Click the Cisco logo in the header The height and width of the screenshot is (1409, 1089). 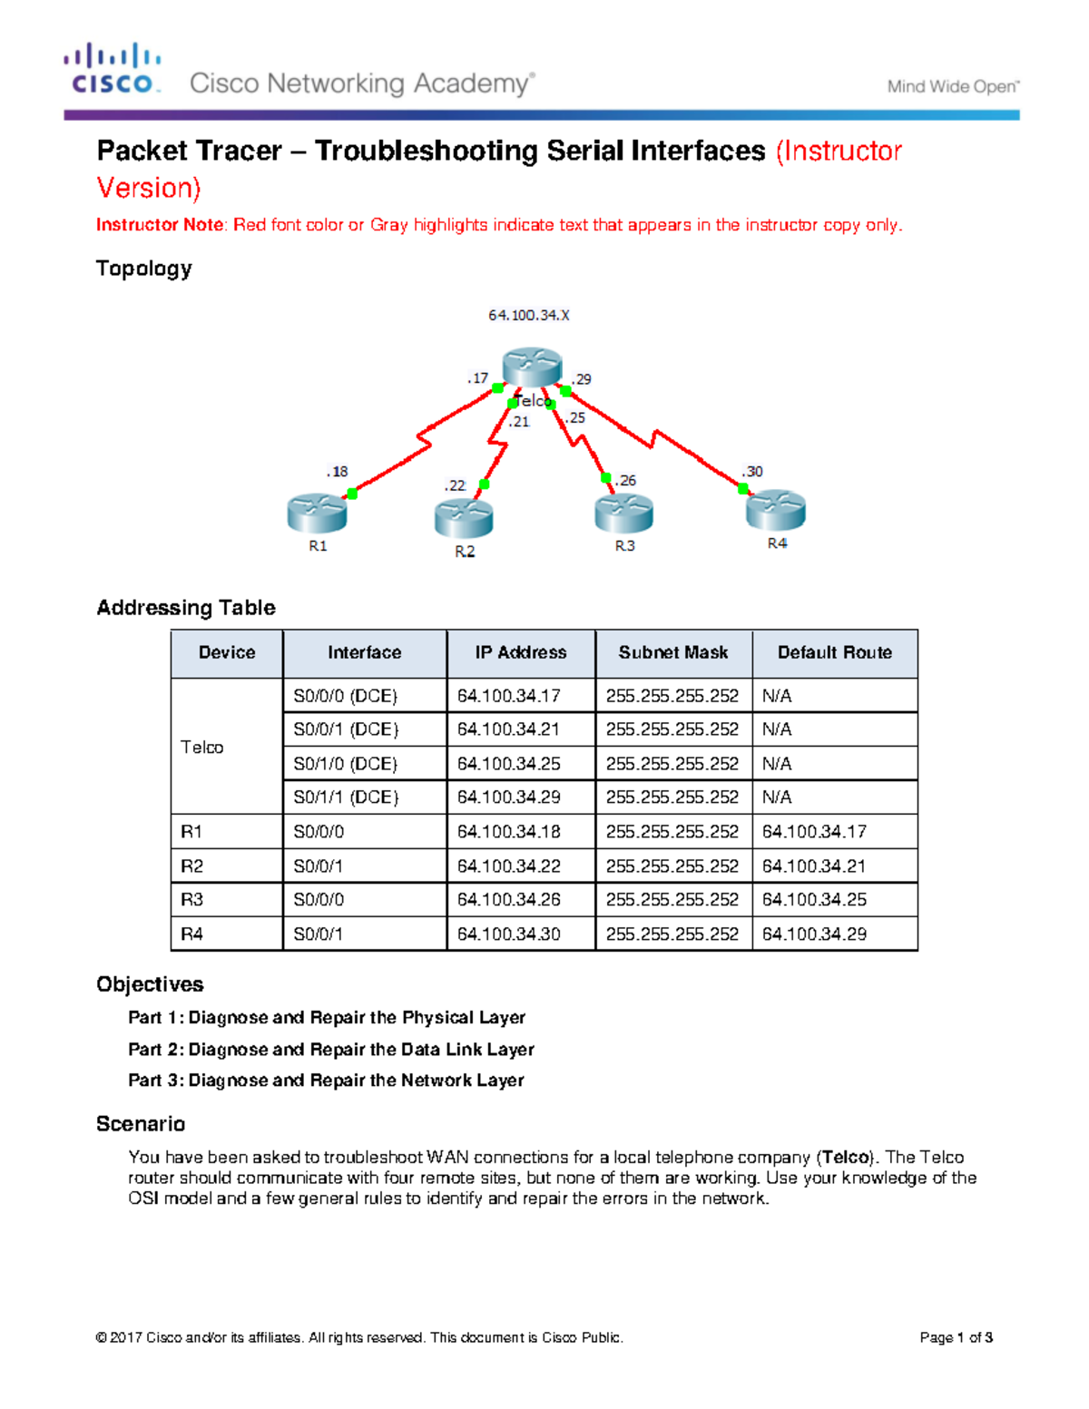[113, 69]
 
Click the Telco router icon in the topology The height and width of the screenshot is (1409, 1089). [532, 367]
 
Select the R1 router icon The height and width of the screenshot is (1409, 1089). [317, 514]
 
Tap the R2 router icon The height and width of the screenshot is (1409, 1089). [464, 518]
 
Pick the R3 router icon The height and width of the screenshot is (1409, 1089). [624, 514]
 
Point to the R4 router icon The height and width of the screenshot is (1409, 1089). [776, 510]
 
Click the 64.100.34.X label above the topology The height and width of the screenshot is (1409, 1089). [529, 316]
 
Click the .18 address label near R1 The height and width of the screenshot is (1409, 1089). [338, 472]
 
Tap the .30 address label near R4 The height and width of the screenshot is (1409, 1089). [752, 472]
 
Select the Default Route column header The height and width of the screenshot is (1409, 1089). [834, 653]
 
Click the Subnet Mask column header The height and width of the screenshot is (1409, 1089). [673, 653]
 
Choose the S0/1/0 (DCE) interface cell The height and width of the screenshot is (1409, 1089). [346, 764]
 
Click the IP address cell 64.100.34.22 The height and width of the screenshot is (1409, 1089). [508, 866]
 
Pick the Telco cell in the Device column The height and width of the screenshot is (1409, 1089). [202, 748]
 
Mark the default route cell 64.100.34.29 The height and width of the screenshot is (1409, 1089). [814, 934]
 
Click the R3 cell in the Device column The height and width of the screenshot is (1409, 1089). [192, 900]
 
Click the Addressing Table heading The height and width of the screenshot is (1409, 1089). [186, 608]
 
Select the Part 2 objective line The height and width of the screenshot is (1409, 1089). [331, 1050]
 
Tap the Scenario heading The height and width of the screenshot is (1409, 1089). [141, 1124]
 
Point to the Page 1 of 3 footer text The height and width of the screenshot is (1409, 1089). [956, 1337]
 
